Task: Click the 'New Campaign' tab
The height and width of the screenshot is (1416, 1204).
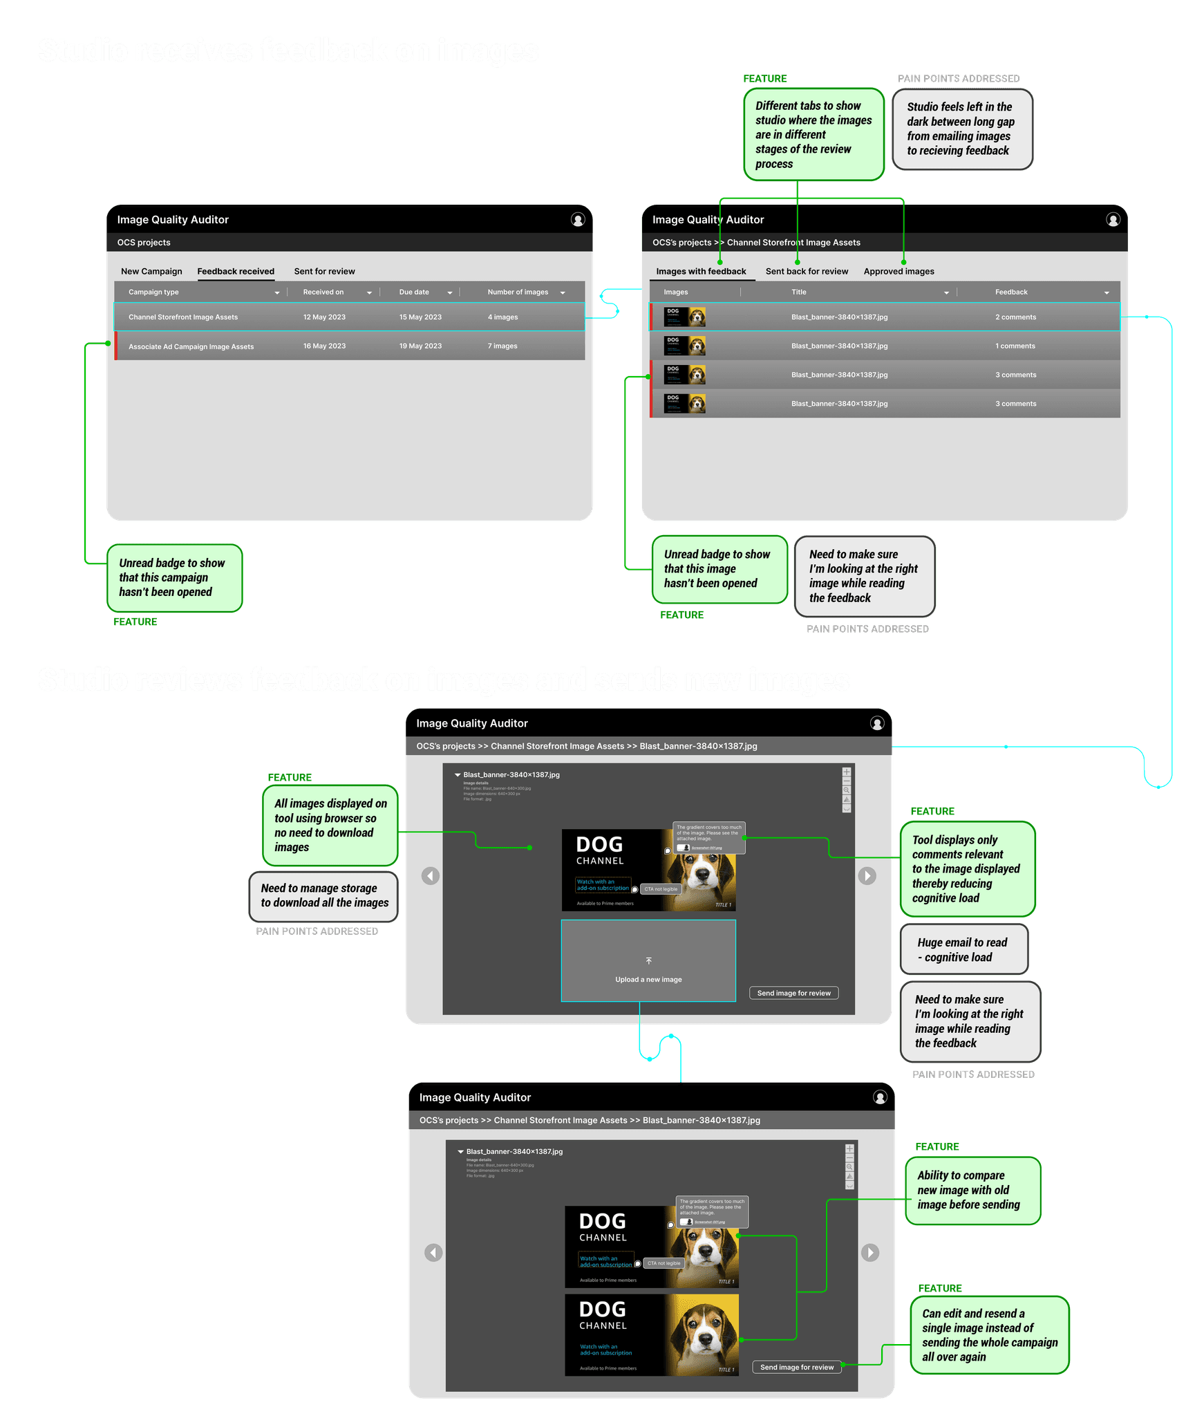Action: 151,271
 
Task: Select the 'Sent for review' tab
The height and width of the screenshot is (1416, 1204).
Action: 324,271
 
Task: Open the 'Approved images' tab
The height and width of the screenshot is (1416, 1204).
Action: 899,271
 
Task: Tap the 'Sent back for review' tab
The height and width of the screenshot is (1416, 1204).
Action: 807,271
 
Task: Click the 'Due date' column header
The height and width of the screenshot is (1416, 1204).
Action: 414,292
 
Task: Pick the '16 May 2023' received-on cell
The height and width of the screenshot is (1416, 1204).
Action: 324,346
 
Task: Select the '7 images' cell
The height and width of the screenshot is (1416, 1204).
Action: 502,346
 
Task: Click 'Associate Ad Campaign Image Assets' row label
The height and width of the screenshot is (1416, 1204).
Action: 191,346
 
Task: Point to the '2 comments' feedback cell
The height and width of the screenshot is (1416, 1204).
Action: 1015,317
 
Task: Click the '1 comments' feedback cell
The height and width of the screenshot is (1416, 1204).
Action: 1015,346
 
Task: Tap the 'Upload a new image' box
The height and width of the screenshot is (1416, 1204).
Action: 648,960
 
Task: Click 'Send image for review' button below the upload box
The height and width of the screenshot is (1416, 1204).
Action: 793,993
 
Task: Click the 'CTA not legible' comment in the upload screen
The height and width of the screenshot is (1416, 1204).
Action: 661,889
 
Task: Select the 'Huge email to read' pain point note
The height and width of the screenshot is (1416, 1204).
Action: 963,949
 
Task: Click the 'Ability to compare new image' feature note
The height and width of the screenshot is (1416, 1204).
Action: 972,1190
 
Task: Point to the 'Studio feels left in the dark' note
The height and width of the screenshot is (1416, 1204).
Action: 962,129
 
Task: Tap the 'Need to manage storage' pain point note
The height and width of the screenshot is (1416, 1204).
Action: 323,895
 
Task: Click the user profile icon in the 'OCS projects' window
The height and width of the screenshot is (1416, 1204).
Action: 578,219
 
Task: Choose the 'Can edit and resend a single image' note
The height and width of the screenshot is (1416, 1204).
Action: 989,1334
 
